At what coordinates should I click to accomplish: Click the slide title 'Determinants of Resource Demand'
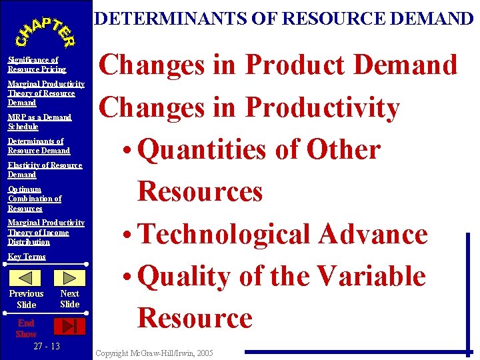tap(284, 18)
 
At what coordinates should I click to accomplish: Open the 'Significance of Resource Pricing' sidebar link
tap(37, 65)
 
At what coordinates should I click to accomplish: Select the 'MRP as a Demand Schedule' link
tap(39, 122)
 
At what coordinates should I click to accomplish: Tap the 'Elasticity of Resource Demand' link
tap(45, 170)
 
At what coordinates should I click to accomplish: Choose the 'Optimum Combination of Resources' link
tap(35, 199)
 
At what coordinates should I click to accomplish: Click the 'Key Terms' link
tap(27, 257)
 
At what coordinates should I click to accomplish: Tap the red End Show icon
tap(69, 326)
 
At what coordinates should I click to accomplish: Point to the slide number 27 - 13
tap(46, 347)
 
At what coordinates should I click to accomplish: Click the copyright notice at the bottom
tap(155, 352)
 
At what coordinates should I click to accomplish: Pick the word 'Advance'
tap(373, 234)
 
